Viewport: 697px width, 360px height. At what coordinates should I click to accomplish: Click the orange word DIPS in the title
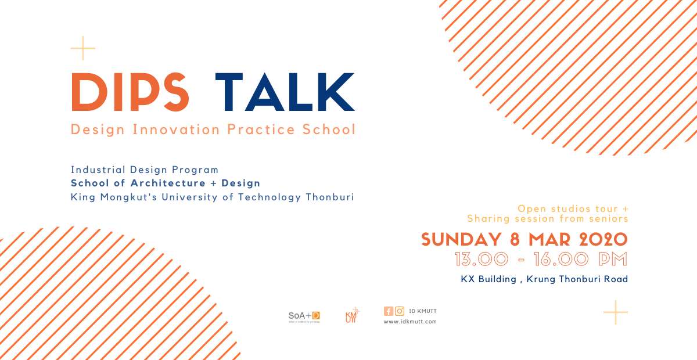tap(130, 92)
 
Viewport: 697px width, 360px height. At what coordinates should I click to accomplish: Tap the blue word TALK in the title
tap(285, 92)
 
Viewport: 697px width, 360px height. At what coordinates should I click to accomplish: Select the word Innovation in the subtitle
tap(177, 129)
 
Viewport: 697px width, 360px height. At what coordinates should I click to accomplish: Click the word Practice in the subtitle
tap(261, 129)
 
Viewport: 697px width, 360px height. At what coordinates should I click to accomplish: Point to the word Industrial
tap(98, 170)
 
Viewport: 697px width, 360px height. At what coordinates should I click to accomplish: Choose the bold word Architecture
tap(168, 183)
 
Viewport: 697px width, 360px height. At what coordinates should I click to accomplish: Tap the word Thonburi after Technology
tap(330, 197)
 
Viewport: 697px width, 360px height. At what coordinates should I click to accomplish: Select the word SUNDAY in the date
tap(461, 240)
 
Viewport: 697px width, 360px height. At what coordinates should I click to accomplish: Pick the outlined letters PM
tap(613, 259)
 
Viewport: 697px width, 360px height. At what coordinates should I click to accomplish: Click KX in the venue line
tap(468, 279)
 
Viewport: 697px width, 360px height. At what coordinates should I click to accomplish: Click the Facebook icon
tap(389, 311)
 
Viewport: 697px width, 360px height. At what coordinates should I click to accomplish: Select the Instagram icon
tap(400, 311)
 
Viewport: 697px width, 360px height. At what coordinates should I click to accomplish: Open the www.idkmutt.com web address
tap(410, 322)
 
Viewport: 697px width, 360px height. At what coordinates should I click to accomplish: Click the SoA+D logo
tap(304, 316)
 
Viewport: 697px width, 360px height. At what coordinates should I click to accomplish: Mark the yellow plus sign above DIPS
tap(82, 48)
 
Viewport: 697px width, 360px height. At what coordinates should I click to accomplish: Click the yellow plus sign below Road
tap(616, 312)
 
